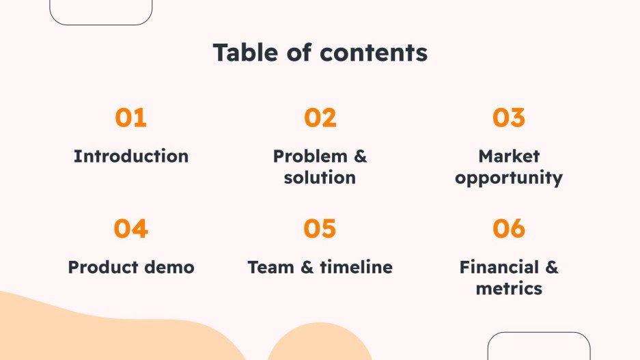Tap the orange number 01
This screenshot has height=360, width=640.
pyautogui.click(x=130, y=118)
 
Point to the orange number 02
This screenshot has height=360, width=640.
pyautogui.click(x=320, y=118)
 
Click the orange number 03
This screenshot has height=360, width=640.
pyautogui.click(x=509, y=118)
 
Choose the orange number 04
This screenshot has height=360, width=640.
pyautogui.click(x=130, y=229)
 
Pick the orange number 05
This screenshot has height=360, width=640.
pyautogui.click(x=320, y=229)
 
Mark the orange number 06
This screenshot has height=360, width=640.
pyautogui.click(x=509, y=229)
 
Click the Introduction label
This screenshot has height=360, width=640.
pyautogui.click(x=131, y=156)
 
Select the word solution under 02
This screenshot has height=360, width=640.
pyautogui.click(x=320, y=178)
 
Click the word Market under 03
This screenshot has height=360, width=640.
pyautogui.click(x=509, y=156)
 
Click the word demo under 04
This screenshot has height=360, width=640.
pyautogui.click(x=171, y=267)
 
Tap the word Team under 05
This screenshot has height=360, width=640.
pyautogui.click(x=270, y=267)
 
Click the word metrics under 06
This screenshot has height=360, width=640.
pyautogui.click(x=509, y=288)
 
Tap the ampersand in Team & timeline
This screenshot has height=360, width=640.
pyautogui.click(x=306, y=267)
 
